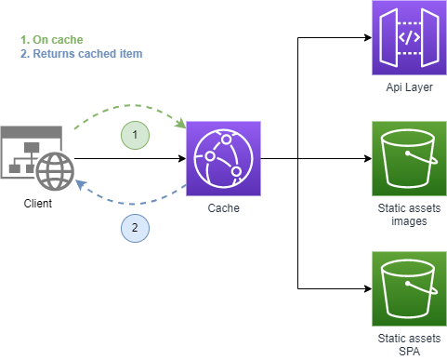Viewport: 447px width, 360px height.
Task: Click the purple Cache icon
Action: tap(223, 158)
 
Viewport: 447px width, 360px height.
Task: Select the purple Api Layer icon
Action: tap(409, 38)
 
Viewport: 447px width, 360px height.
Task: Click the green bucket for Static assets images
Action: tap(409, 158)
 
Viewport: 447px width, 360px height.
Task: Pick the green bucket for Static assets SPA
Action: tap(409, 287)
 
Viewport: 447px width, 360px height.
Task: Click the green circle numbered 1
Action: tap(135, 135)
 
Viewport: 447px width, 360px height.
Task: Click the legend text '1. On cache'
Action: tap(51, 40)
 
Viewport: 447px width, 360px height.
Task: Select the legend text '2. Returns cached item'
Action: tap(81, 54)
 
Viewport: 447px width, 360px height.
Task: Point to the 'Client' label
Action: tap(37, 203)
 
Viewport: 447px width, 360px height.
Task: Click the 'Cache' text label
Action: tap(223, 207)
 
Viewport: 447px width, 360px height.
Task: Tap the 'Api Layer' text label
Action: tap(409, 87)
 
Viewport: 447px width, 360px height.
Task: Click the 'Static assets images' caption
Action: tap(409, 214)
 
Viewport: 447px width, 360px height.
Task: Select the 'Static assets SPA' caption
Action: tap(409, 342)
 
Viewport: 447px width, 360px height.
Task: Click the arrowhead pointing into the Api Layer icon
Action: tap(366, 38)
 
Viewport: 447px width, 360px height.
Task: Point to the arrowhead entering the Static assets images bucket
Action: tap(366, 158)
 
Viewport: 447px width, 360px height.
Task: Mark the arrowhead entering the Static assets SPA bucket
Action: tap(366, 287)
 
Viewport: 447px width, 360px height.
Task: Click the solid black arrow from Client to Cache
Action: tap(130, 159)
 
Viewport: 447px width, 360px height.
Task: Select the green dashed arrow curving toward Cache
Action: tap(130, 107)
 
